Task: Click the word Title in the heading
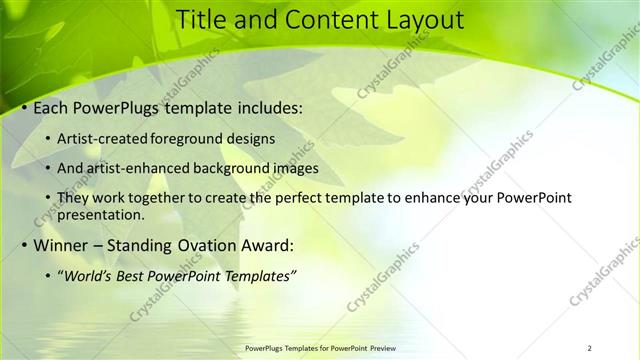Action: pos(205,19)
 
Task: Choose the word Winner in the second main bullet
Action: pos(61,245)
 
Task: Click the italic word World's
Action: pos(89,276)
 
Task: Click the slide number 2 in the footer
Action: pos(589,348)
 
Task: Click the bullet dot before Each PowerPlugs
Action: pos(25,108)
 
